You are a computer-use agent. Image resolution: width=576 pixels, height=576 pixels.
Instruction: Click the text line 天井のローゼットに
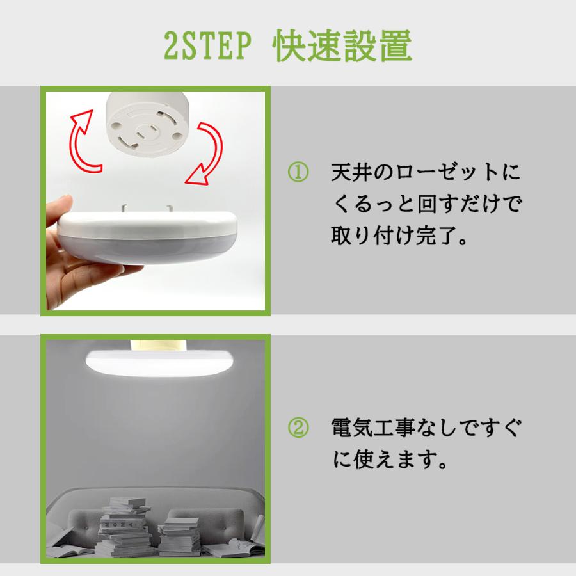425,173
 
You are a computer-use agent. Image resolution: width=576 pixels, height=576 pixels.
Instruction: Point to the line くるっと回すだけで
426,205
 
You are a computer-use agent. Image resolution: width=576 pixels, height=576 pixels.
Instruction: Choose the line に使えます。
388,460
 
